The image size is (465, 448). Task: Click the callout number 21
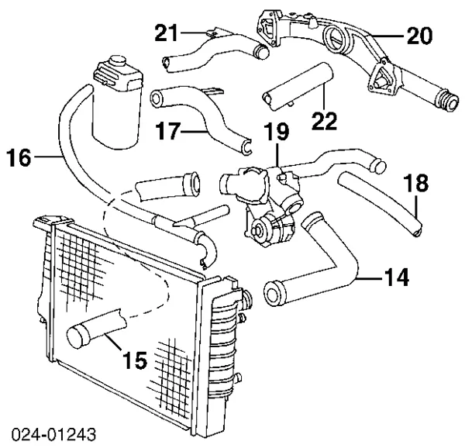[167, 33]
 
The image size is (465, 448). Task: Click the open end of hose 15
[77, 336]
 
